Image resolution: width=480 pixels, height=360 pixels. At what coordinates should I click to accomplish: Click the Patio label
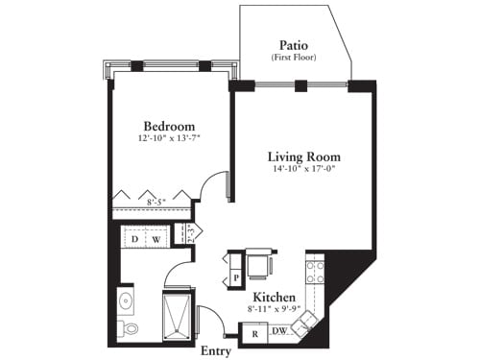click(293, 44)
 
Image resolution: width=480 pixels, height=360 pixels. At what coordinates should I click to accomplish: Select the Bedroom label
click(169, 127)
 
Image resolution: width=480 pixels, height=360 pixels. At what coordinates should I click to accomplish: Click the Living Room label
click(303, 156)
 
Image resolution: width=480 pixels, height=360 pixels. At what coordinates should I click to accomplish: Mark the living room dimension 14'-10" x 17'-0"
click(303, 171)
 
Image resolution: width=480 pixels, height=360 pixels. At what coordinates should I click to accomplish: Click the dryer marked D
click(135, 238)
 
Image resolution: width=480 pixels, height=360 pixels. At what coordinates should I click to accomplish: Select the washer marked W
click(156, 238)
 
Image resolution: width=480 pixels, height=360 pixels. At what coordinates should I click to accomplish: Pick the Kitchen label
click(273, 298)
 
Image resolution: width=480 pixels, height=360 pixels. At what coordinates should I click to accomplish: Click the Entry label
click(215, 350)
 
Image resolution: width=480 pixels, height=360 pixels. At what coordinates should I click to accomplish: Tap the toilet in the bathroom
click(128, 329)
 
